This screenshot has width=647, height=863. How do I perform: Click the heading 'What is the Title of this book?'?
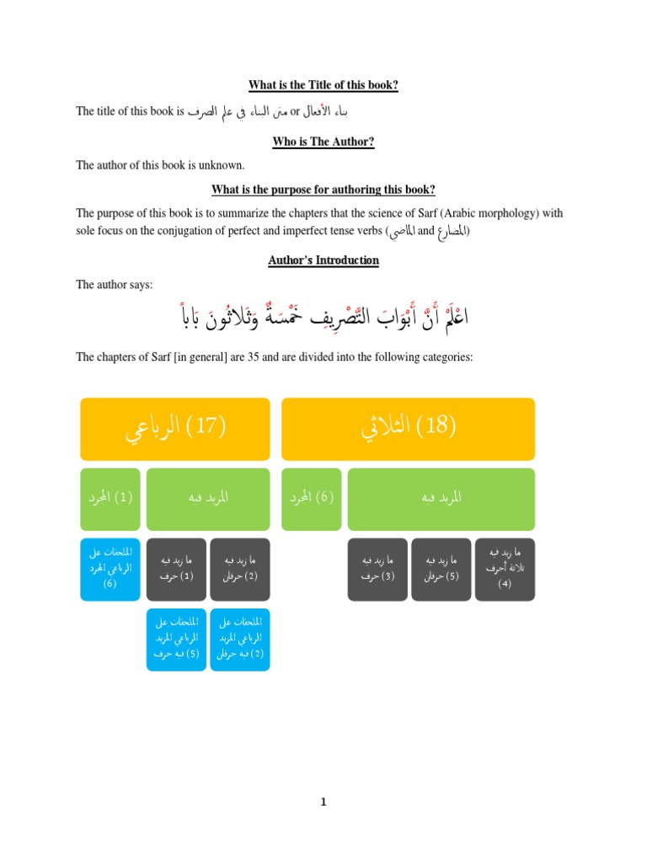point(323,85)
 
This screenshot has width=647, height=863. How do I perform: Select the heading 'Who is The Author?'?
point(323,142)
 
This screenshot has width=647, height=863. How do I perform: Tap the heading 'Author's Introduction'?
point(323,260)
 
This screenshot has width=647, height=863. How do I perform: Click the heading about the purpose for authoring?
point(323,189)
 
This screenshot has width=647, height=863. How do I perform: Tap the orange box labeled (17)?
point(175,429)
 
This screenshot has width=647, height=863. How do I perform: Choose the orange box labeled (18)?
point(408,429)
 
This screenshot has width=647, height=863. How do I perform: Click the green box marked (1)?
point(110,498)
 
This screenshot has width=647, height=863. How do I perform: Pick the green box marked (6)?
point(312,498)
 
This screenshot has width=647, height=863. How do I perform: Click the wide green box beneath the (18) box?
point(441,498)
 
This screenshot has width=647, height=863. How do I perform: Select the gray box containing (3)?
point(377,569)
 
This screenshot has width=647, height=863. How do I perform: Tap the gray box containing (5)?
point(441,569)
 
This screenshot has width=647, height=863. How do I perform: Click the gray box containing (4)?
point(505,569)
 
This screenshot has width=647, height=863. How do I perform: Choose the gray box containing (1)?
point(176,569)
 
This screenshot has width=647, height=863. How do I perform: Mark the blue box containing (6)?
point(110,569)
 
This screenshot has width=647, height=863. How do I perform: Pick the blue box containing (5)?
point(176,639)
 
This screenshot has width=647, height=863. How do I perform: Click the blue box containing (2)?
point(240,639)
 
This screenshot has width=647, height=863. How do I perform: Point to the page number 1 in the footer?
point(323,802)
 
